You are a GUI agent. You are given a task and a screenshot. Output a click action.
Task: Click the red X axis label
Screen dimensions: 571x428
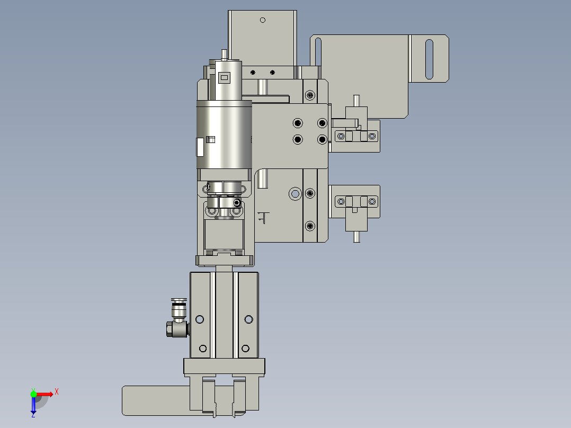[x=57, y=392]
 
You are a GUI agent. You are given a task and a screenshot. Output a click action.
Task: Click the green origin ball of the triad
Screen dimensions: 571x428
[x=33, y=394]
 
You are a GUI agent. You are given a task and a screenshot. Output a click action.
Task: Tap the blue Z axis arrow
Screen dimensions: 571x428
[x=33, y=405]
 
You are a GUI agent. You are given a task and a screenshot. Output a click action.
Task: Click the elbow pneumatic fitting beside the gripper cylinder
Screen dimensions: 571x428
[x=178, y=319]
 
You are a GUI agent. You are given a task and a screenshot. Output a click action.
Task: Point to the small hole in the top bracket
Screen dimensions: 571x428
[x=263, y=20]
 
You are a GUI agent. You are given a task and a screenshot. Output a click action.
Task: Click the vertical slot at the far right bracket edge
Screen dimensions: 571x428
[x=430, y=59]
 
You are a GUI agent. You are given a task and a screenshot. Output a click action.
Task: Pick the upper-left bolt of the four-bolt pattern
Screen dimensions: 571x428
[x=298, y=123]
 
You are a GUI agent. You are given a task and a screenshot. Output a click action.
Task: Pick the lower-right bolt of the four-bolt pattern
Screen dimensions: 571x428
[x=322, y=139]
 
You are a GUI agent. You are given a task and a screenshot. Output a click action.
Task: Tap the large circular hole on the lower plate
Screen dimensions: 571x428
[x=295, y=194]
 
